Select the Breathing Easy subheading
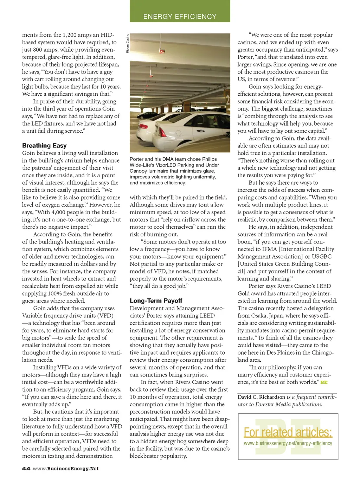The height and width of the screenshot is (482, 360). [x=44, y=145]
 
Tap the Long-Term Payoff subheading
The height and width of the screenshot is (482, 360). [x=156, y=300]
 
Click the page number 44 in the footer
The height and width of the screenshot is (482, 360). [x=26, y=468]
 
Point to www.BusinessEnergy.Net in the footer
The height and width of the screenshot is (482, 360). [x=66, y=468]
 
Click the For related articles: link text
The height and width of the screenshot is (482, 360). [x=288, y=432]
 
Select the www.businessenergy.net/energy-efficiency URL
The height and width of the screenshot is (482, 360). [x=288, y=443]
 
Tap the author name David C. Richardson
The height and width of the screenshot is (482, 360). [x=261, y=397]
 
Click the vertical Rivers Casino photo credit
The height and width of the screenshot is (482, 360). [x=128, y=43]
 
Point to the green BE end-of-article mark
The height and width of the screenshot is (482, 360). [x=324, y=382]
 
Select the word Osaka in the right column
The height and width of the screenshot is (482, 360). [x=259, y=315]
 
